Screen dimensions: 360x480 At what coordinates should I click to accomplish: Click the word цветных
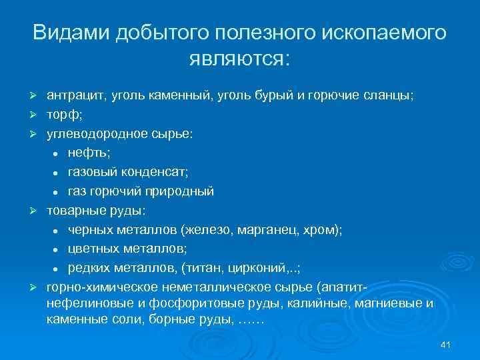93,250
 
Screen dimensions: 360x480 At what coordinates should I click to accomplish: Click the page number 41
447,345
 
